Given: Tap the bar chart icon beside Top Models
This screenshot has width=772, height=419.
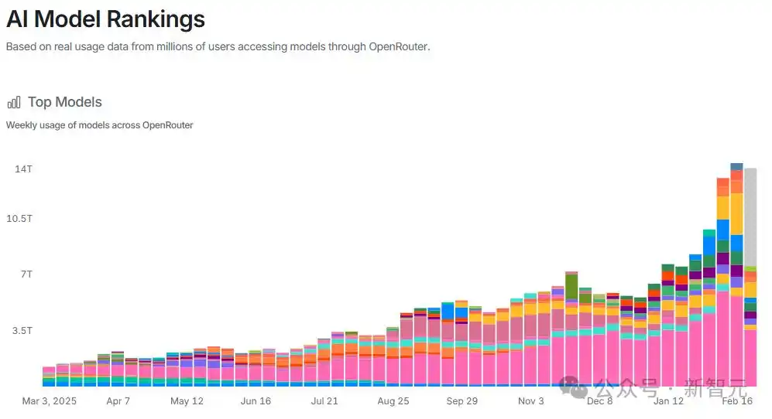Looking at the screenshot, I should [x=14, y=103].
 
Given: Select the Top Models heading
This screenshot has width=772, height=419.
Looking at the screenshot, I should [x=64, y=102].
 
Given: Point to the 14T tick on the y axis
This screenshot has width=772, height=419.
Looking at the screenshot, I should [x=23, y=169].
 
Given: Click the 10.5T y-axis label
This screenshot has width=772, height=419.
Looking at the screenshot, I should [x=19, y=218].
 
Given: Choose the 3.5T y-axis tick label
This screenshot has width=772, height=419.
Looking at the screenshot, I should [x=21, y=330].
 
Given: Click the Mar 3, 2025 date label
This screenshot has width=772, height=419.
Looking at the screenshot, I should [x=50, y=401].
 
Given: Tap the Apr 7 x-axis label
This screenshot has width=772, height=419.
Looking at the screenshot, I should [x=118, y=401].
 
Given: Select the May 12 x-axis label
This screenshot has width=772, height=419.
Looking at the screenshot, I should [x=187, y=401].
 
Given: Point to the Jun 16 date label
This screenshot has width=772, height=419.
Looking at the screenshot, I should [x=256, y=401].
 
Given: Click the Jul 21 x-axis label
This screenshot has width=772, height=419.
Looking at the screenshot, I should [x=324, y=401].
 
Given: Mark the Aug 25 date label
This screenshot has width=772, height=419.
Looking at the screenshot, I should [x=393, y=401].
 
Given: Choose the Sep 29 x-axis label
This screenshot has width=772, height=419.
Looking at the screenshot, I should [x=462, y=401].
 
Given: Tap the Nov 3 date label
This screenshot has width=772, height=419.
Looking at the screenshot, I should [x=531, y=401].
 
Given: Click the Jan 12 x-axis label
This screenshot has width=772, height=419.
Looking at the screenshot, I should [x=669, y=401].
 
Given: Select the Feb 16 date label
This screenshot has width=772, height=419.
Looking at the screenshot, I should [x=736, y=401].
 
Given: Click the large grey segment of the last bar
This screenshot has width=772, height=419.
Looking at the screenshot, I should [x=750, y=216].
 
